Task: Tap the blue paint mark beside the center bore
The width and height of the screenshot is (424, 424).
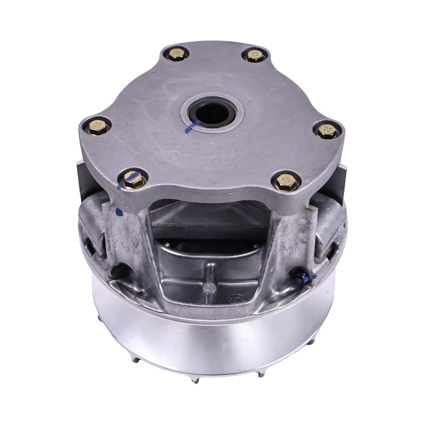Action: (x=188, y=128)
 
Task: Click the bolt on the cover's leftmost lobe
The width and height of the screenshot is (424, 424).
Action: (x=99, y=127)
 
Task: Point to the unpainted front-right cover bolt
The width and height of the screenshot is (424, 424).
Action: (x=287, y=182)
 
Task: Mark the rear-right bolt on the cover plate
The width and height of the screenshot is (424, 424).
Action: (x=254, y=55)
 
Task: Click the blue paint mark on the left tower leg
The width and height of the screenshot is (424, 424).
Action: (x=119, y=213)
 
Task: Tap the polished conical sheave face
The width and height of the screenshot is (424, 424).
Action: (x=212, y=344)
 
